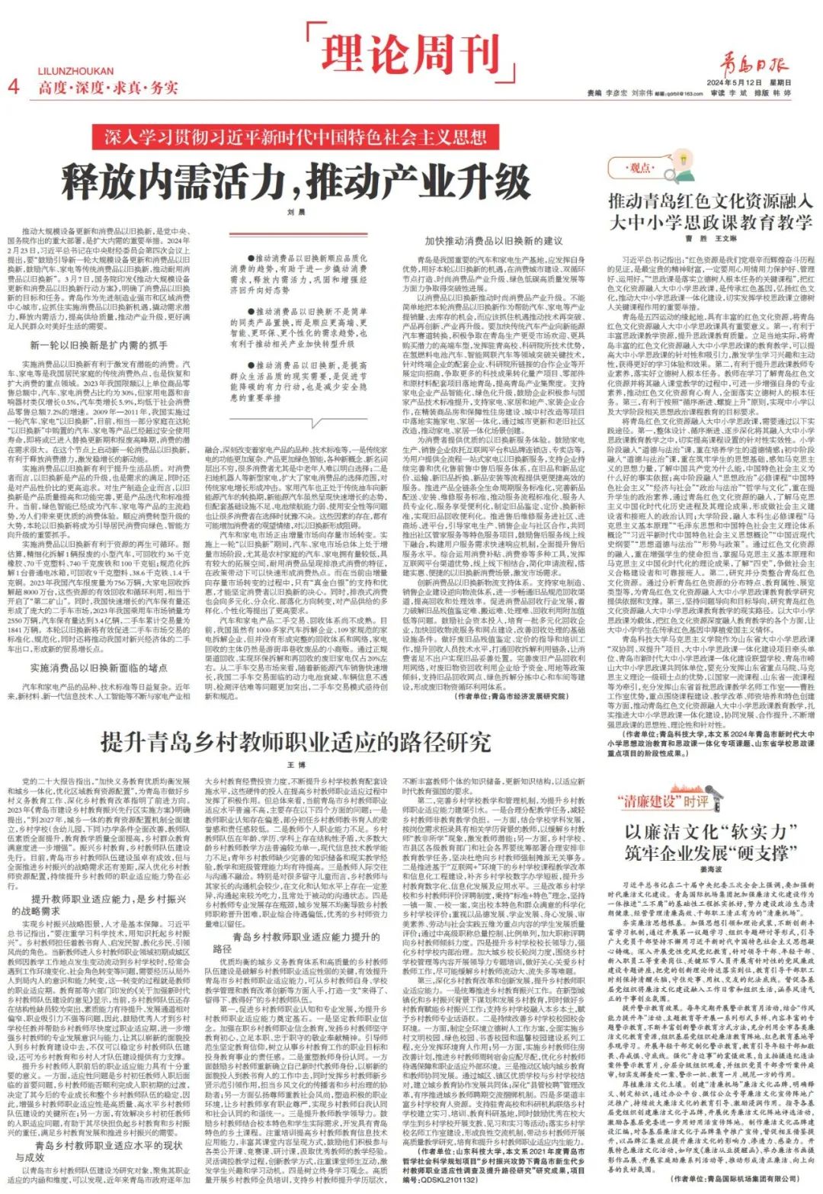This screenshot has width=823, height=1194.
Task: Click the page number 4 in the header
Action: click(13, 85)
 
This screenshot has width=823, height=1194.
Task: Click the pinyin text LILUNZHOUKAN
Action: click(75, 72)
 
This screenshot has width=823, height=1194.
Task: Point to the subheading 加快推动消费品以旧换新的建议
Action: click(494, 241)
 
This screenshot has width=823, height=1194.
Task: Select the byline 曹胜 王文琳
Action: click(710, 239)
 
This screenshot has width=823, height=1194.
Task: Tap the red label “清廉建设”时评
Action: click(663, 801)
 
